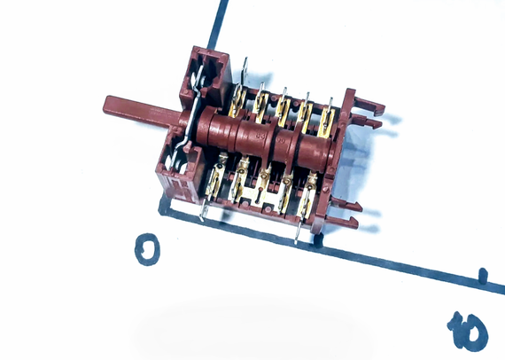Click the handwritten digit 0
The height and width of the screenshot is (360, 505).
(147, 249)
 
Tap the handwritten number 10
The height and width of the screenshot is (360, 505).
(468, 331)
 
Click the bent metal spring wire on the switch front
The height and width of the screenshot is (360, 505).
(190, 113)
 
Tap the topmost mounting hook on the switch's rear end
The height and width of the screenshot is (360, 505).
(369, 105)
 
